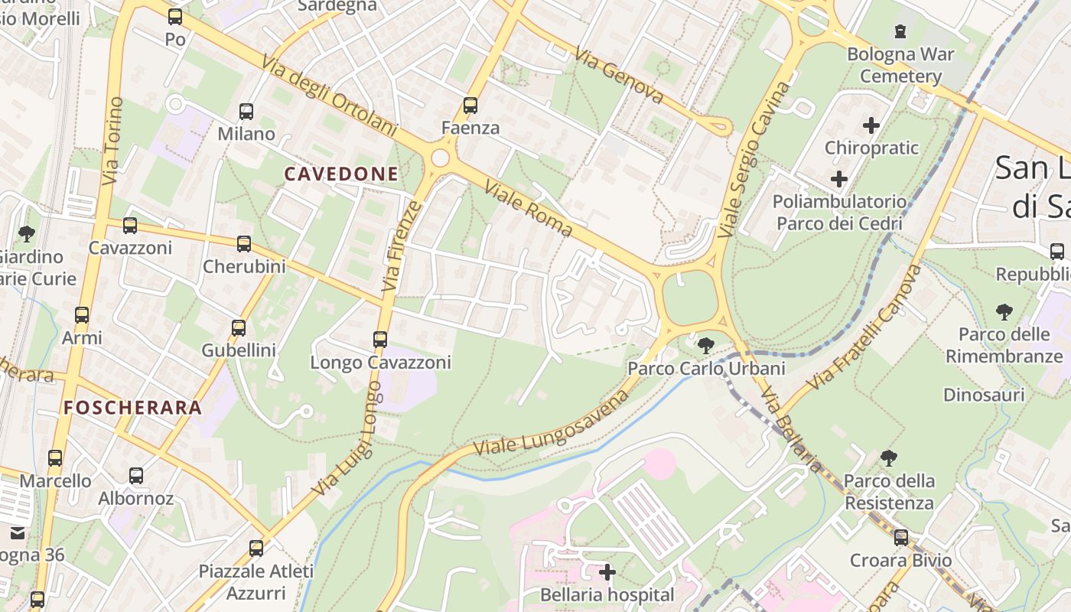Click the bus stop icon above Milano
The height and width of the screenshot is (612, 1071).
click(246, 112)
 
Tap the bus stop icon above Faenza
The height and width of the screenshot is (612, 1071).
click(470, 106)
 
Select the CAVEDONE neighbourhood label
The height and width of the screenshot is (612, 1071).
click(341, 174)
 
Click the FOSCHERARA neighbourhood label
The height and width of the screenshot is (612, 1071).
click(133, 408)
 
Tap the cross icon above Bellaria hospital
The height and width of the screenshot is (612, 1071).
click(607, 572)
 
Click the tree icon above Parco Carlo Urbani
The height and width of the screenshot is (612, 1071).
click(706, 346)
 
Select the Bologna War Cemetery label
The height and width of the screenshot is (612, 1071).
click(900, 65)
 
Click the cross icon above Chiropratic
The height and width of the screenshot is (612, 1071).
click(871, 125)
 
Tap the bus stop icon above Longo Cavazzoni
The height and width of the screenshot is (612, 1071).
click(380, 339)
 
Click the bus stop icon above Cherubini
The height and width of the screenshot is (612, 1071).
click(244, 244)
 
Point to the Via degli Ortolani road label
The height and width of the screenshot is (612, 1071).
click(329, 96)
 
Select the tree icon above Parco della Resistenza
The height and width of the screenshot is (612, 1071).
click(888, 458)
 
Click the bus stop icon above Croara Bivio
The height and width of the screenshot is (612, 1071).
click(901, 538)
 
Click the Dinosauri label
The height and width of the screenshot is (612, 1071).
click(983, 395)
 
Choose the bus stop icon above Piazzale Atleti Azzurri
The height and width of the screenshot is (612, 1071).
click(256, 549)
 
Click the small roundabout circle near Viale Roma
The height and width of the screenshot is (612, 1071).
click(440, 158)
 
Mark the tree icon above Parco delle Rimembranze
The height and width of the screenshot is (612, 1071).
click(1004, 311)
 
